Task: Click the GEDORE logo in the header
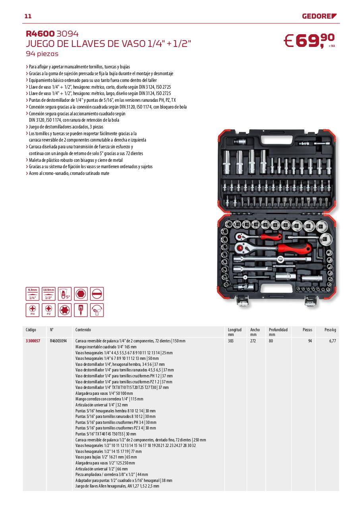319,16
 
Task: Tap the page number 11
28,16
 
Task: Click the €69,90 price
310,41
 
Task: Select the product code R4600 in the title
40,34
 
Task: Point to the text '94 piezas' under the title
42,53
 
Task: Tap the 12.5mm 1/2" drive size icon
48,294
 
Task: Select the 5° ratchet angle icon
65,294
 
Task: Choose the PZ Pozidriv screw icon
48,310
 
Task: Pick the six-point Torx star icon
65,310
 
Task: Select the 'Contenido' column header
83,330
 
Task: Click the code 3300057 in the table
33,341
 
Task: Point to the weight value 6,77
333,341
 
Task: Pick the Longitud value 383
230,341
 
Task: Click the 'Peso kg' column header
330,330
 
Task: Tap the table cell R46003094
58,341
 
